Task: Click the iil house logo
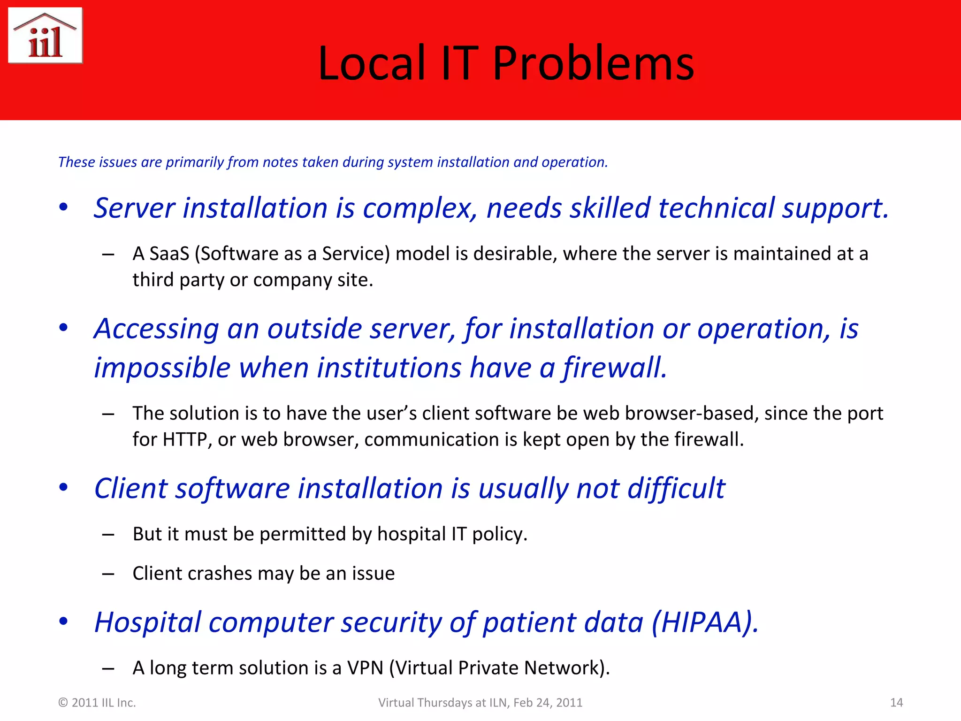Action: click(x=45, y=36)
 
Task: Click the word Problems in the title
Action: click(x=593, y=63)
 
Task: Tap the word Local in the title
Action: click(x=372, y=63)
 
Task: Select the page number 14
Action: click(x=896, y=703)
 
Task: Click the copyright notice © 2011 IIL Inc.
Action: click(x=97, y=703)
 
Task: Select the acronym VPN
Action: click(x=365, y=668)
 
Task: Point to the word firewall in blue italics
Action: click(x=615, y=368)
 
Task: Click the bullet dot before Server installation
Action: click(x=63, y=207)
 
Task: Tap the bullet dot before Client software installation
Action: click(x=63, y=487)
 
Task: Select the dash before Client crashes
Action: click(x=108, y=574)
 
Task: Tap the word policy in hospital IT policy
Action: click(x=499, y=535)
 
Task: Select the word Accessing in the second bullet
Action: click(x=156, y=329)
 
